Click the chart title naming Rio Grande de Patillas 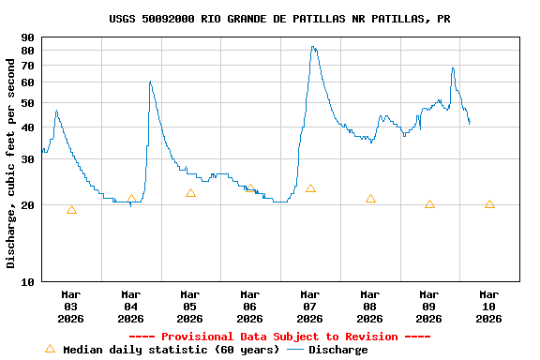point(279,19)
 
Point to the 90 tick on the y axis point(27,37)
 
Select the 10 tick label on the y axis point(27,281)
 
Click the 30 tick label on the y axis point(27,159)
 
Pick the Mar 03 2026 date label point(71,306)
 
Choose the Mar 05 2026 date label point(190,306)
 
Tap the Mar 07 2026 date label point(310,306)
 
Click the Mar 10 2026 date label point(488,306)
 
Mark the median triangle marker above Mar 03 point(71,210)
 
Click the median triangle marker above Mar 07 point(310,188)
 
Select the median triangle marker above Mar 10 point(489,204)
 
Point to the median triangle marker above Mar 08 point(370,199)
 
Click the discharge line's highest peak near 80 point(313,47)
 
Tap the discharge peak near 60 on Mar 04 point(150,82)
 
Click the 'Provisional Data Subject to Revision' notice point(279,337)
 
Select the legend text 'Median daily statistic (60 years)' point(171,350)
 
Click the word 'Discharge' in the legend point(337,350)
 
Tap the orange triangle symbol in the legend point(51,349)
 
